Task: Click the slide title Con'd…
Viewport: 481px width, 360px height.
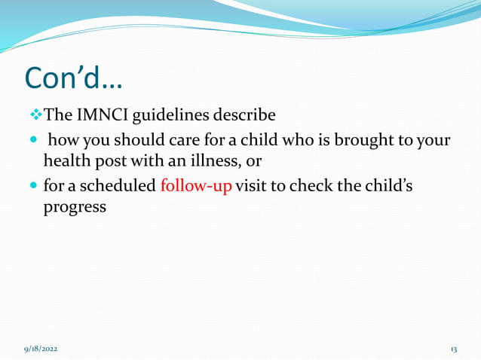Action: (75, 77)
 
